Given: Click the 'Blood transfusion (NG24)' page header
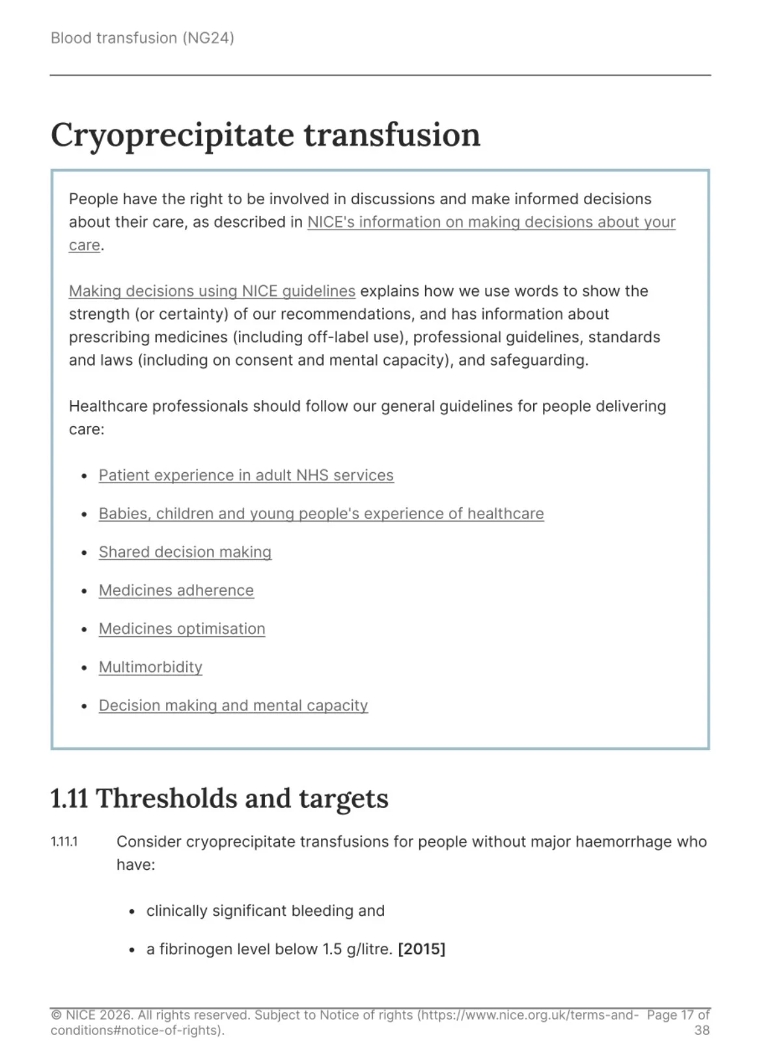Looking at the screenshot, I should (x=142, y=38).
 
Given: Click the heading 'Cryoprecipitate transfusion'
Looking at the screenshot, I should (x=265, y=135).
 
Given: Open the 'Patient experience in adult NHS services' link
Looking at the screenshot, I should (x=245, y=475).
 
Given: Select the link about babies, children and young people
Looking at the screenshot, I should (x=321, y=514).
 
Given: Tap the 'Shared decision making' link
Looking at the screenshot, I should (x=185, y=552).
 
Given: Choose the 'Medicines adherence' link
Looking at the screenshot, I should (x=176, y=591).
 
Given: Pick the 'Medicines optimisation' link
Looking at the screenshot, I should (x=182, y=629).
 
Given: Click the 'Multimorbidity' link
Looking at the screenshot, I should (x=150, y=667).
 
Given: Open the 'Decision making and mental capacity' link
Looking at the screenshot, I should (x=233, y=706).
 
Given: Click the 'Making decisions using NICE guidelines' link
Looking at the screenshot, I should (x=212, y=291).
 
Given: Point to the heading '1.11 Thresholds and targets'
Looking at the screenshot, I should (x=219, y=798).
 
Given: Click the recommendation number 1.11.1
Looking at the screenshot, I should (x=64, y=842).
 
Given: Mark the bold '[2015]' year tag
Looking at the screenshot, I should (x=421, y=949).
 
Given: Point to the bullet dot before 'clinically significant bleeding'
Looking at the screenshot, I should (x=132, y=911).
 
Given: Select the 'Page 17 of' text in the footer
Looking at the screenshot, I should (x=678, y=1015).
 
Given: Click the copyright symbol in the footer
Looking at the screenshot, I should (x=56, y=1015).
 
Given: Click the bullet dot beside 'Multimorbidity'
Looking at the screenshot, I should (x=84, y=668).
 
